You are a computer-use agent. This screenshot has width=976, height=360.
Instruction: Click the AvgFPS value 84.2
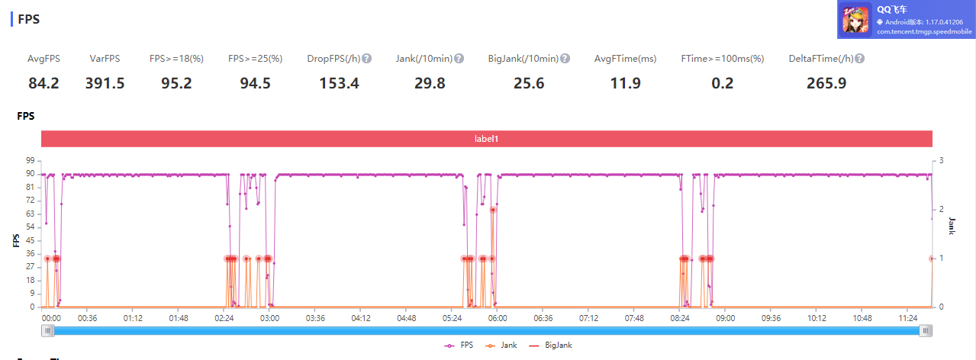pos(43,83)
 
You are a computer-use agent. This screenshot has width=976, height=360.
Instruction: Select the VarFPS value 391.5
pos(105,83)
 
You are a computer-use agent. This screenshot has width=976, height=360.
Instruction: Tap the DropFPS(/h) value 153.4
pos(339,83)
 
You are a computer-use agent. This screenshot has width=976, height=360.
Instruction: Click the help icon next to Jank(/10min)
pos(459,58)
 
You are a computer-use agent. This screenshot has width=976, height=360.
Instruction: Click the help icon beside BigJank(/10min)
pos(565,58)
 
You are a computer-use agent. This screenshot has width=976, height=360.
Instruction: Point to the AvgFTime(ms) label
pos(625,59)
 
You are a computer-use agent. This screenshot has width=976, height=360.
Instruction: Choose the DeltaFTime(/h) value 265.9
pos(826,83)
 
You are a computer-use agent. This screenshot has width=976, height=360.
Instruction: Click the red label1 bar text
pos(486,139)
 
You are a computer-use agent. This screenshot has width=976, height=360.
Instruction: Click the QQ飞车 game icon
pos(855,19)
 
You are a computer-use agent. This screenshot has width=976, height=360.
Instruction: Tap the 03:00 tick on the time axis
pos(269,318)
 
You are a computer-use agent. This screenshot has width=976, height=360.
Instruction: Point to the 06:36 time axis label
pos(543,318)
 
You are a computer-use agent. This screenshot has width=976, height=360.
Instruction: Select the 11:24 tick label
pos(907,318)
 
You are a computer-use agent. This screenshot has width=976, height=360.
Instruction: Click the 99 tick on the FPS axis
pos(30,160)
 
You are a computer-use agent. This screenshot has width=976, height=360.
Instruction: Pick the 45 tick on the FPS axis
pos(30,240)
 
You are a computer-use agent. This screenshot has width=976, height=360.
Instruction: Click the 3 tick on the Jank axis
pos(941,160)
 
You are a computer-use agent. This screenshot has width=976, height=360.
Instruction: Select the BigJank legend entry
pos(550,346)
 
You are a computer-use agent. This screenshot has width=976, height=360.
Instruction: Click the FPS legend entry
pos(459,346)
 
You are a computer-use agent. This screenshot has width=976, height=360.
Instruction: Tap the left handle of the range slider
pos(47,331)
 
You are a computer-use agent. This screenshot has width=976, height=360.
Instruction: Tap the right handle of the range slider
pos(926,331)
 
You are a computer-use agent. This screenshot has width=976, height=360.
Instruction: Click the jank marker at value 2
pos(493,210)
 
